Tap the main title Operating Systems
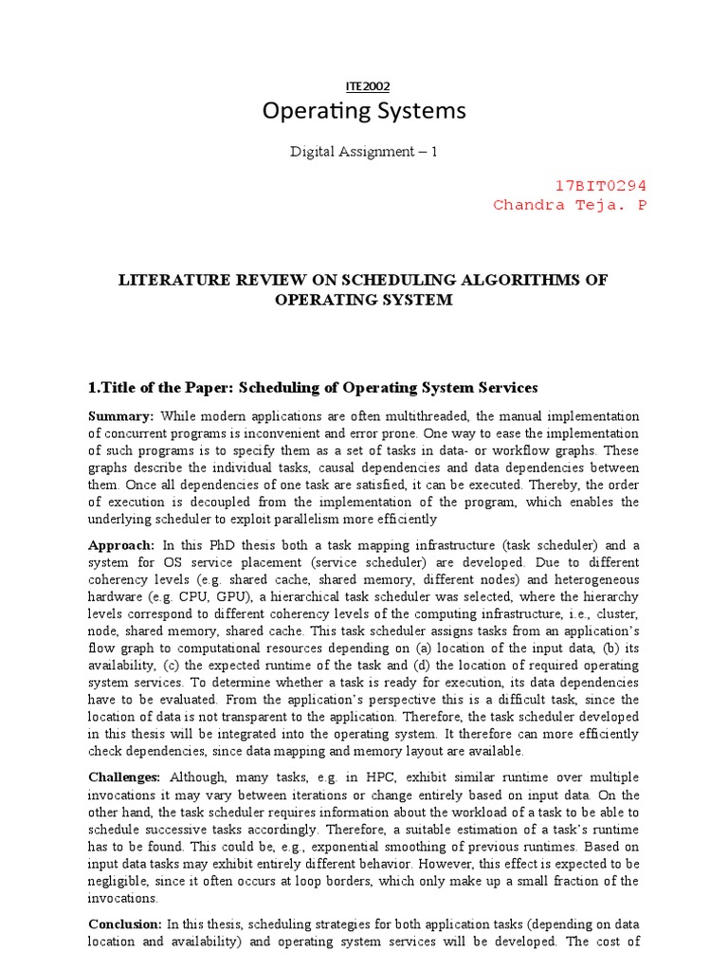coord(364,112)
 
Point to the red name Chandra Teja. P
coord(571,205)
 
